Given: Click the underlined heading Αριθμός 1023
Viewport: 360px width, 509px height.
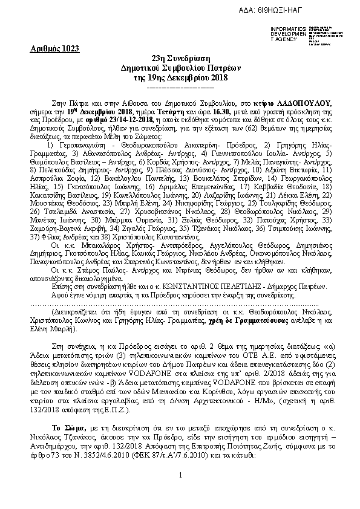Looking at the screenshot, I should click(x=54, y=48).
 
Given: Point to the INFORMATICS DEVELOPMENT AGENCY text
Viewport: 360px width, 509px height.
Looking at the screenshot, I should click(x=289, y=34).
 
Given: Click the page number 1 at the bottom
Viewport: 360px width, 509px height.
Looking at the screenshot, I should click(x=180, y=493).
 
